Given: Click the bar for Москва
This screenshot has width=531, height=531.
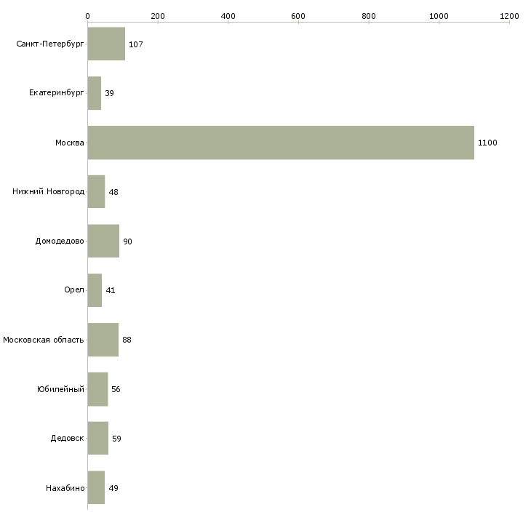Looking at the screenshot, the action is [281, 143].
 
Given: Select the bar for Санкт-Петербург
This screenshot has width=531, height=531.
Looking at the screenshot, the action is [106, 44].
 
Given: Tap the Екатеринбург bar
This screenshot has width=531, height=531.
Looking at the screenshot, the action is [95, 93].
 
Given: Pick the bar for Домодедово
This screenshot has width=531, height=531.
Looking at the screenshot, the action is [103, 241].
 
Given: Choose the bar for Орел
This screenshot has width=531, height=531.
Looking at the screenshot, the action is [95, 290].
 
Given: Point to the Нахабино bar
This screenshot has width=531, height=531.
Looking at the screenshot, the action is [96, 487].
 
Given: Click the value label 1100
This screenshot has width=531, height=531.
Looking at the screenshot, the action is [487, 143].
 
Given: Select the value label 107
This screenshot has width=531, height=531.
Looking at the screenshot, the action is [136, 44].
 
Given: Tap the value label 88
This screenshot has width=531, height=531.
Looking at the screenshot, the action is [127, 340].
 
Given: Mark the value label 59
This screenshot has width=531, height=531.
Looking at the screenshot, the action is [116, 439].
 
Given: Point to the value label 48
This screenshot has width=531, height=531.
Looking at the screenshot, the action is [113, 192].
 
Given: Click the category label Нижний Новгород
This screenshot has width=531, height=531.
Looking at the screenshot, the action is [49, 191].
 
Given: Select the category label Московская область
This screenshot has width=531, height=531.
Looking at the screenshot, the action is [44, 340].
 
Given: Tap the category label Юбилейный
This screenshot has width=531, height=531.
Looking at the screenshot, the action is [60, 389].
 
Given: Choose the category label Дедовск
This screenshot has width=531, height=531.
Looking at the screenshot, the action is [68, 438].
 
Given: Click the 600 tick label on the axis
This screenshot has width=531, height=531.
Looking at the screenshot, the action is [298, 16].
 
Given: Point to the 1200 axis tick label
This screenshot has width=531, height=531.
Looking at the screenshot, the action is [509, 16].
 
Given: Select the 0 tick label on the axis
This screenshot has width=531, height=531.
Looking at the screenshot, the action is [88, 16].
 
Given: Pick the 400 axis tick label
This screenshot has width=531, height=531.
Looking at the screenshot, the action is [228, 16].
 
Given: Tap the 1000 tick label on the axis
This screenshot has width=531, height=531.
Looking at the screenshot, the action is [439, 16].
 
